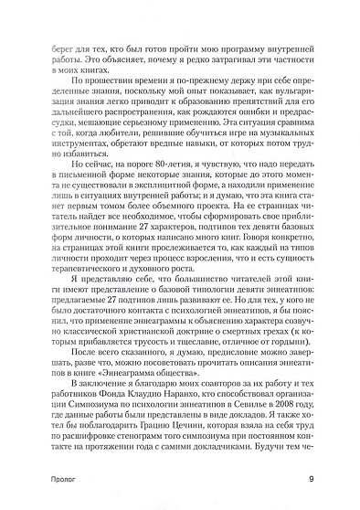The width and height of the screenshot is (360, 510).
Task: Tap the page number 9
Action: click(x=312, y=483)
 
